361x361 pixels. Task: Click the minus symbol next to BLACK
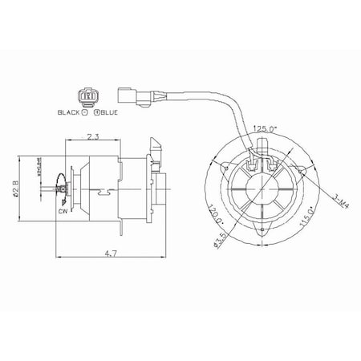(x=82, y=113)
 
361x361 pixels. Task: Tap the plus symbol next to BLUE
(x=95, y=113)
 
